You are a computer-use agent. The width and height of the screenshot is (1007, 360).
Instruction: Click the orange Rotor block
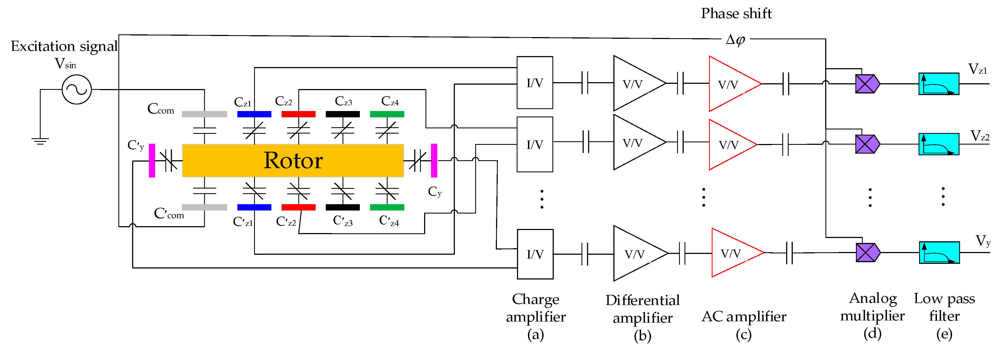[293, 160]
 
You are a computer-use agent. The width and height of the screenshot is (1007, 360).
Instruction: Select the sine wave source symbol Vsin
[77, 90]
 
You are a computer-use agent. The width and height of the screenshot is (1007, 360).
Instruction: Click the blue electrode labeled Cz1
[254, 114]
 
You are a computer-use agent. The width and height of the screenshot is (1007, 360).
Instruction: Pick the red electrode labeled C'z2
[298, 207]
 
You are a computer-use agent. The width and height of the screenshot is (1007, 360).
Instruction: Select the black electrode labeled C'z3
[343, 207]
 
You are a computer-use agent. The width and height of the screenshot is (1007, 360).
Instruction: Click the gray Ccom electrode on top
[204, 114]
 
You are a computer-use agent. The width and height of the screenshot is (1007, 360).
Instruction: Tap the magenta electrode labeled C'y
[152, 160]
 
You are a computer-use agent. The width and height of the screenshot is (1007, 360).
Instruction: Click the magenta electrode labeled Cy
[434, 160]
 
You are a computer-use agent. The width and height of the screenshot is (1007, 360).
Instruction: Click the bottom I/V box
[535, 254]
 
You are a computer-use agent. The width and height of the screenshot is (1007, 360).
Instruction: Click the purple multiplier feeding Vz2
[867, 144]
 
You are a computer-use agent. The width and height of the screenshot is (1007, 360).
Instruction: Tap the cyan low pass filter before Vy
[939, 253]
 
